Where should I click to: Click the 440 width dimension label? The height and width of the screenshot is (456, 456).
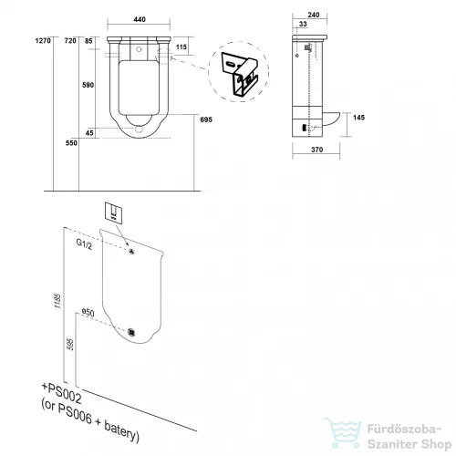(140, 19)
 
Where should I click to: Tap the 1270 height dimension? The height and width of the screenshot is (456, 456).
(43, 40)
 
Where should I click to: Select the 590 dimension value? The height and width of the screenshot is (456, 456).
(88, 85)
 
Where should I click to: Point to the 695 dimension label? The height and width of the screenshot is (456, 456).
(206, 119)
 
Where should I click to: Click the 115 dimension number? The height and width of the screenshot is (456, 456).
(181, 47)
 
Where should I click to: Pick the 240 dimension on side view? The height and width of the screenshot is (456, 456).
(314, 15)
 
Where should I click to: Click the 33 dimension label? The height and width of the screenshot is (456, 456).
(303, 24)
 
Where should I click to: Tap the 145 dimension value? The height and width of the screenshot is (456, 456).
(358, 118)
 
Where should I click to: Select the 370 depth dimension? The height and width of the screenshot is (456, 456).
(316, 150)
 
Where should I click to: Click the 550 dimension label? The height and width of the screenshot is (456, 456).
(71, 143)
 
